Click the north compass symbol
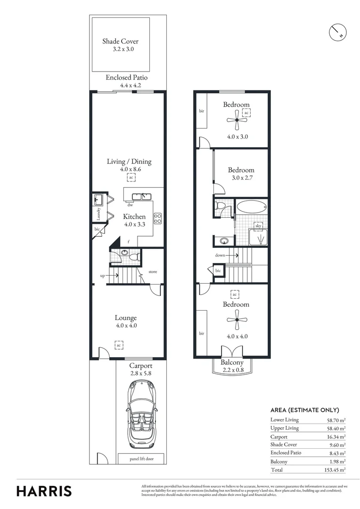click(337, 32)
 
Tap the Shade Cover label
click(121, 41)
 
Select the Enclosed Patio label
click(127, 78)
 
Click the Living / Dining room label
click(129, 162)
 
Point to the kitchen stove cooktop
click(158, 218)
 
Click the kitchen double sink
click(141, 196)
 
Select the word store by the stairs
click(153, 271)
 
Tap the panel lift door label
click(141, 458)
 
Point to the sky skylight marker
click(258, 226)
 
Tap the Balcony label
click(232, 362)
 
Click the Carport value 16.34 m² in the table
click(336, 436)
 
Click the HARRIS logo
click(44, 491)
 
